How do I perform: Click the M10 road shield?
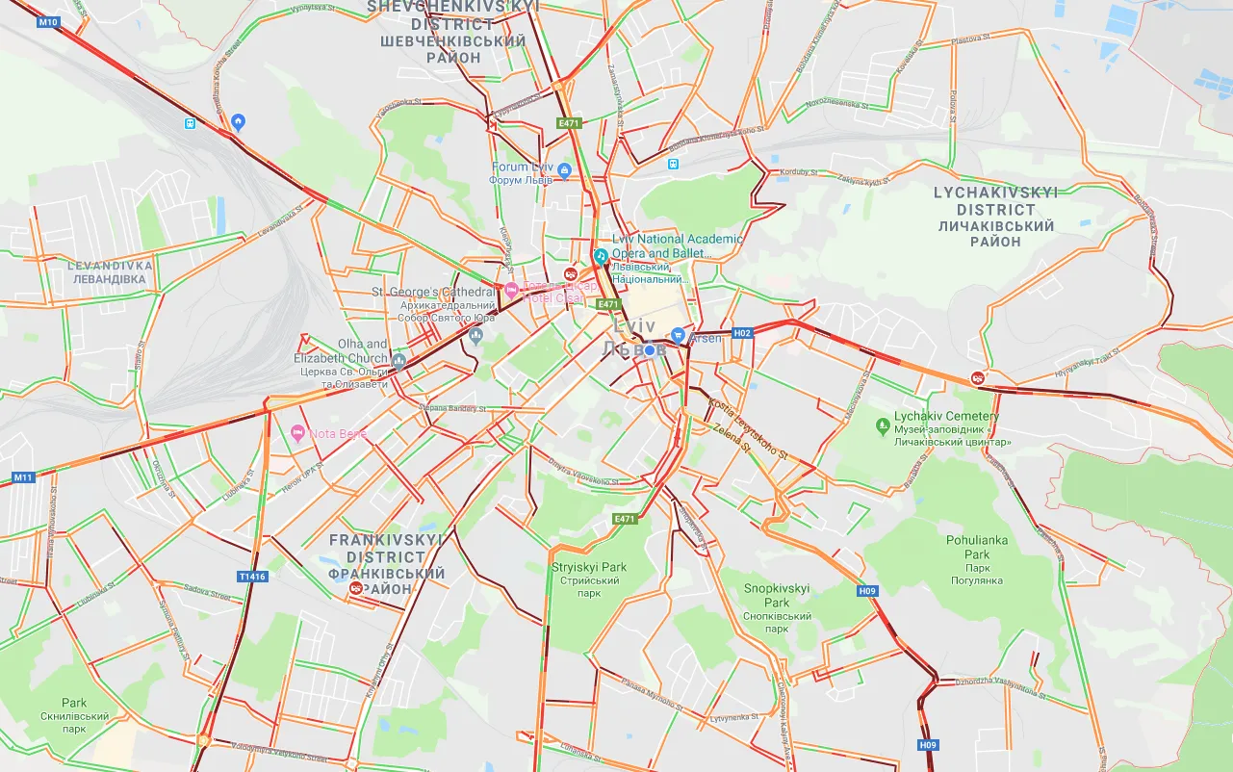coord(48,21)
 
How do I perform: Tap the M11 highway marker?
coord(22,477)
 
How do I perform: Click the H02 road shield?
coord(741,333)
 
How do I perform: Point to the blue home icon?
coord(239,121)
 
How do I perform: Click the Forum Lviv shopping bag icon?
coord(564,171)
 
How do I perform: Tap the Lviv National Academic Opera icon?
coord(601,256)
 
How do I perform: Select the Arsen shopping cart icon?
coord(679,337)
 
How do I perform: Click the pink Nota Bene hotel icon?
coord(297,433)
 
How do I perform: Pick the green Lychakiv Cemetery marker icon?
coord(882,425)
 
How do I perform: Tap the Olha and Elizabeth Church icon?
coord(399,361)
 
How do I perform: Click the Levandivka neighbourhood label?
coord(110,271)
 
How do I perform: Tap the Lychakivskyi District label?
coord(995,217)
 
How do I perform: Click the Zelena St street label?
coord(732,438)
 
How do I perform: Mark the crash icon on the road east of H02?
coord(978,378)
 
